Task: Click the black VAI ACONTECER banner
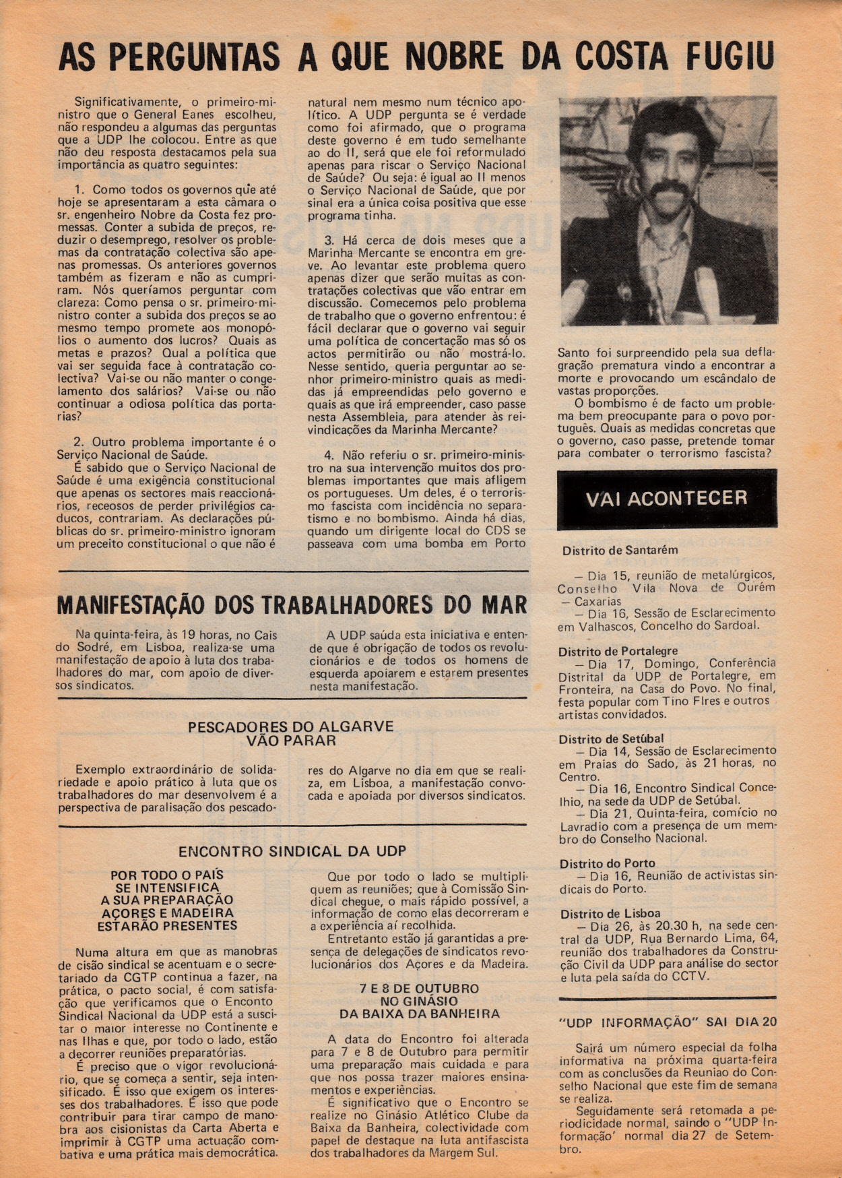pyautogui.click(x=666, y=499)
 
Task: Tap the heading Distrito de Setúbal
pyautogui.click(x=611, y=739)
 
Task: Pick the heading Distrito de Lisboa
pyautogui.click(x=610, y=914)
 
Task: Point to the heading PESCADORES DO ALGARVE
pyautogui.click(x=290, y=727)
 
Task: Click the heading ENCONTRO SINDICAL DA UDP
pyautogui.click(x=292, y=851)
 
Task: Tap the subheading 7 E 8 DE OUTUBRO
pyautogui.click(x=419, y=989)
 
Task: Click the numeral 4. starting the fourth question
pyautogui.click(x=329, y=456)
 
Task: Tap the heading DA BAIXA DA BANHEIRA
pyautogui.click(x=419, y=1014)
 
